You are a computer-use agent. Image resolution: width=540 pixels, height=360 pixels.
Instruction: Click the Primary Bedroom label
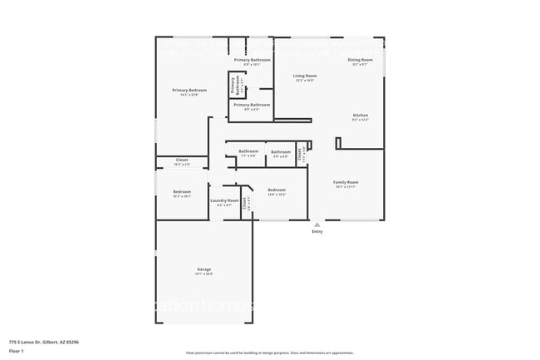coord(189,91)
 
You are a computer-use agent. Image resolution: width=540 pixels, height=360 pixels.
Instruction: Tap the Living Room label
coord(305,76)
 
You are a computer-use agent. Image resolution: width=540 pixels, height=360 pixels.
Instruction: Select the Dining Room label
coord(360,60)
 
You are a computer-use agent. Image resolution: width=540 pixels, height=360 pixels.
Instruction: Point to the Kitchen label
coord(360,116)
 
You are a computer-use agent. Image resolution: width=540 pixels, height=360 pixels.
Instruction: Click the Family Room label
coord(346,182)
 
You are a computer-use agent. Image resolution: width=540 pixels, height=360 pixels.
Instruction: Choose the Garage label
coord(204,269)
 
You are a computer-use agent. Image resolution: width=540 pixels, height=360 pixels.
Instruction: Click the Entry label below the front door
coord(317,231)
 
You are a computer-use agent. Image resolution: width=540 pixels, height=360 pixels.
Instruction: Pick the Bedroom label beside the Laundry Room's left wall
coord(182,192)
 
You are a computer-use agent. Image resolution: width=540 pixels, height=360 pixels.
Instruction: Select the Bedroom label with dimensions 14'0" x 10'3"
coord(277,190)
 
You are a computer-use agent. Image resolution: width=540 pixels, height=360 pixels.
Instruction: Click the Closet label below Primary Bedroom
coord(181,160)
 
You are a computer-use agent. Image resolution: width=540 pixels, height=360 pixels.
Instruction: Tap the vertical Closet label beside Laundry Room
coord(244,202)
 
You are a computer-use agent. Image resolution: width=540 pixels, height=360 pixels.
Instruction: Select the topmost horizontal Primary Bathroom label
coord(252,60)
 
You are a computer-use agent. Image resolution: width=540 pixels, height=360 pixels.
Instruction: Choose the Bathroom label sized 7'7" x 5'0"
coord(249,151)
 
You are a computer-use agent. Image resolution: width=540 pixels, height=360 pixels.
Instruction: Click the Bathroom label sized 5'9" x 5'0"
coord(280,151)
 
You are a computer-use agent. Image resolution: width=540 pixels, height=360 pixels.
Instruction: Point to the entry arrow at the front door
coord(317,223)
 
